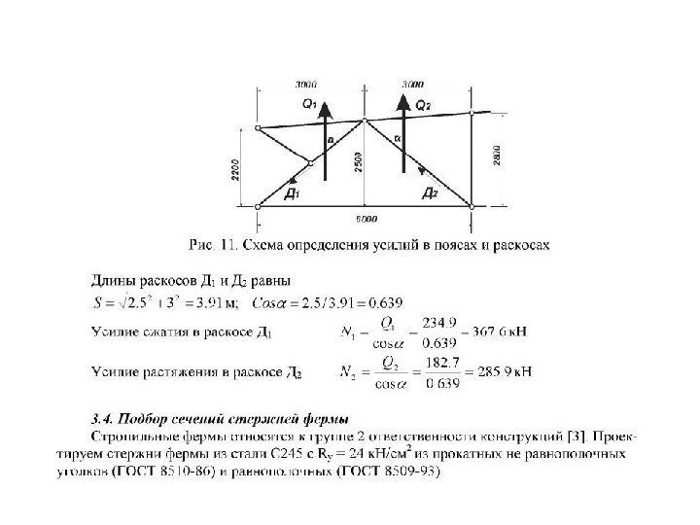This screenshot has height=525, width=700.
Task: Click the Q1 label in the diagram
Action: (x=307, y=103)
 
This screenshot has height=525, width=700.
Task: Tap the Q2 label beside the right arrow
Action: (x=424, y=103)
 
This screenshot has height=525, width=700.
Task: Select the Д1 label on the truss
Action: (x=291, y=194)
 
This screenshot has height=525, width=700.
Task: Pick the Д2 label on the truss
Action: (x=431, y=194)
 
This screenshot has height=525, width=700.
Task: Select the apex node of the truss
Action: (x=365, y=121)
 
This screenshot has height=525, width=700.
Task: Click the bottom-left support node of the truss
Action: (x=258, y=205)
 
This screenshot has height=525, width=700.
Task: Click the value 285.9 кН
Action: (x=500, y=371)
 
